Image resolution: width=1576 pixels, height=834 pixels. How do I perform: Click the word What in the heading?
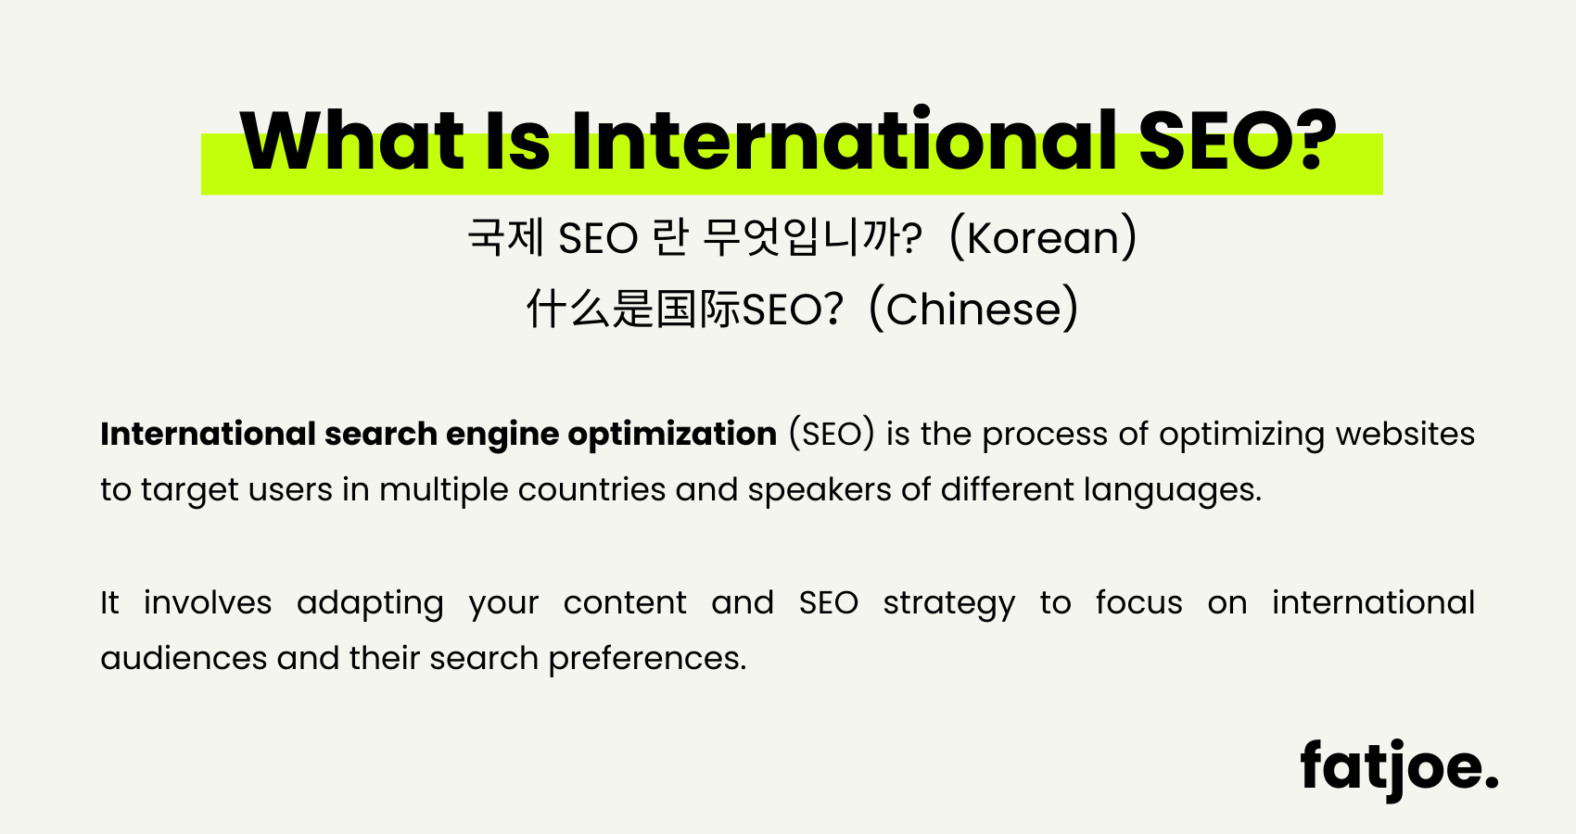click(351, 142)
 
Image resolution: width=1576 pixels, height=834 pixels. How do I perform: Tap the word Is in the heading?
click(517, 142)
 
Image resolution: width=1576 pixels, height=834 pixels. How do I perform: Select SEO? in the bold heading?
click(1238, 142)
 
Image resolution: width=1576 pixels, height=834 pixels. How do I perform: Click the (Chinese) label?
click(973, 310)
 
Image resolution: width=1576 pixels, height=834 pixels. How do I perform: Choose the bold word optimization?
click(672, 435)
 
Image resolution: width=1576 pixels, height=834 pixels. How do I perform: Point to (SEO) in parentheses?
click(832, 435)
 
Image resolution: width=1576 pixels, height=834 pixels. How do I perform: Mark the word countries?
click(591, 490)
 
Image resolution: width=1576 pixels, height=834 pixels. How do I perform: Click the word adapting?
click(370, 603)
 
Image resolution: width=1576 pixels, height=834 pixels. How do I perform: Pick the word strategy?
click(948, 603)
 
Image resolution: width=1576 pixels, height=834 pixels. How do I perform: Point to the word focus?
click(1138, 603)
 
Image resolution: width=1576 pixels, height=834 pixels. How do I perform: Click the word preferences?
click(647, 659)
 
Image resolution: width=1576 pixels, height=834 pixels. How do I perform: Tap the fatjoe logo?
click(1398, 767)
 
